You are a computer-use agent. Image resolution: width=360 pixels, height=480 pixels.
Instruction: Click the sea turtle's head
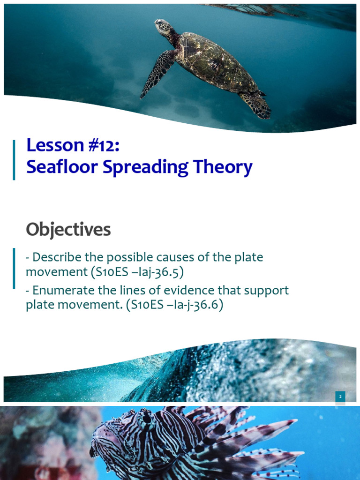point(162,26)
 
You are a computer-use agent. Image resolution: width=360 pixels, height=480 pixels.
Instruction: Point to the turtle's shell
point(213,63)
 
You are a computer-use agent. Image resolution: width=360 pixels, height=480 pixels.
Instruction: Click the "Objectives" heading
point(68,230)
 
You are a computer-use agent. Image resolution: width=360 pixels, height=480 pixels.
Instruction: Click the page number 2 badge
point(341,397)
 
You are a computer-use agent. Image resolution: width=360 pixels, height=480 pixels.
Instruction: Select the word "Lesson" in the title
point(52,145)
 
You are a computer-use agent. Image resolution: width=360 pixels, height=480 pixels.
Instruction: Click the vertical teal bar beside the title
point(14,159)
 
